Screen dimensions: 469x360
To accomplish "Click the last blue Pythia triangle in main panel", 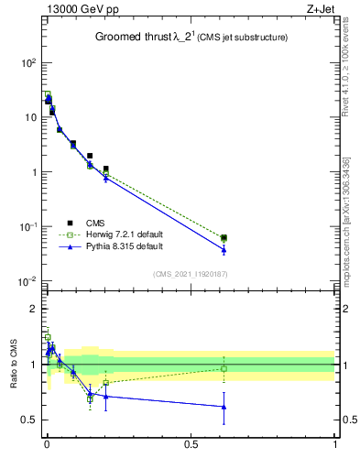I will pos(224,250).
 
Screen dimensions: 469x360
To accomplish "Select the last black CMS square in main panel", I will pos(224,237).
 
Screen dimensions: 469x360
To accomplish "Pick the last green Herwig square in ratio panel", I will pos(224,368).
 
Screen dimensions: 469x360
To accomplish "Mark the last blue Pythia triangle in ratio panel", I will pos(224,407).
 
